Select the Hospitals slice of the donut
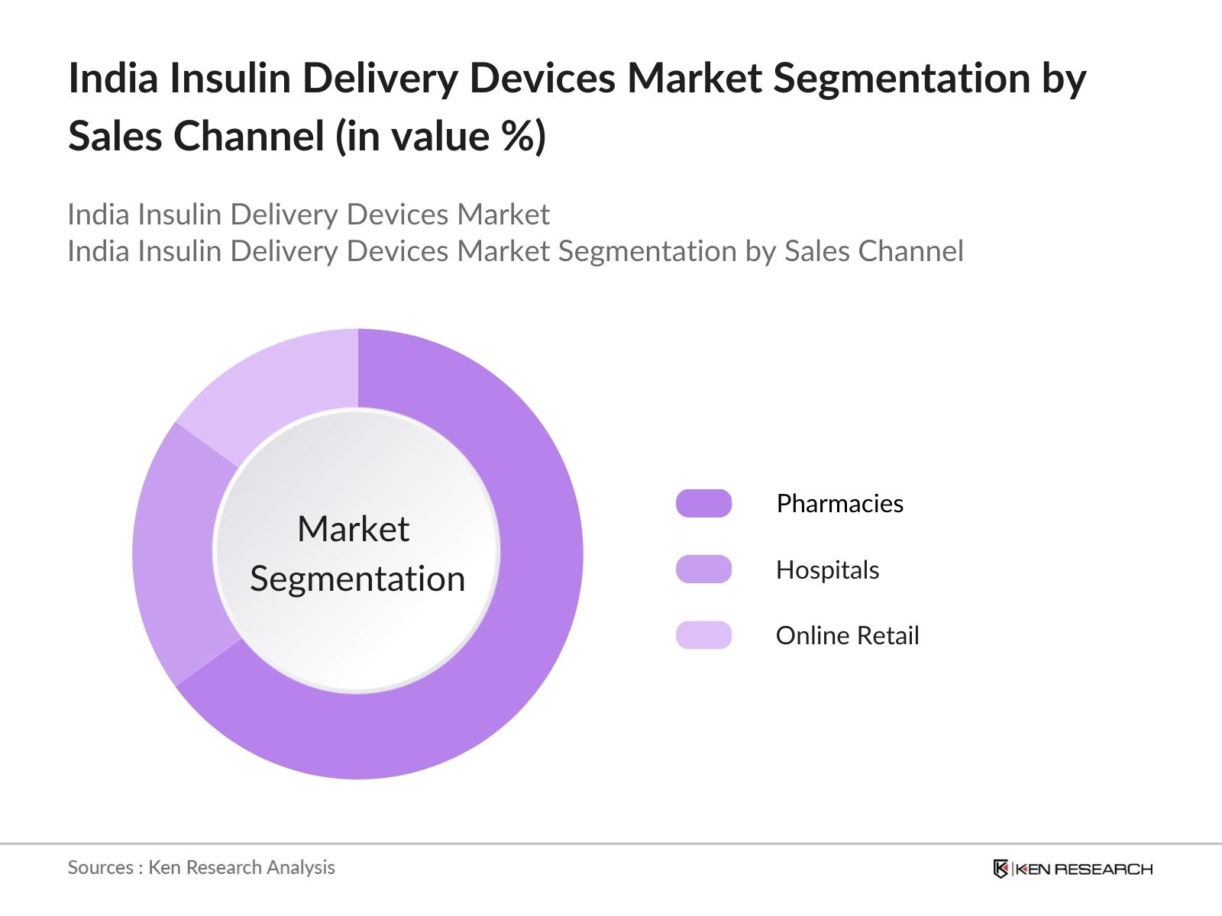click(174, 553)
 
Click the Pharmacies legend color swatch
click(703, 504)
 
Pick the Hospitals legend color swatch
click(703, 569)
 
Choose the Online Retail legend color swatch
click(703, 635)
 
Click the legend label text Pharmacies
click(839, 504)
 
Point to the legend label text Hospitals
click(827, 570)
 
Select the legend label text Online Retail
click(847, 636)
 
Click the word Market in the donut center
click(353, 529)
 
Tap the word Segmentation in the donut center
click(357, 579)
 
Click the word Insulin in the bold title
click(230, 79)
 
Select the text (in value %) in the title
click(441, 137)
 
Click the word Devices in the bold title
click(541, 79)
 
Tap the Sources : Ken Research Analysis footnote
click(201, 867)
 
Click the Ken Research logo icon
click(1001, 869)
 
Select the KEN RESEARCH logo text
click(1083, 869)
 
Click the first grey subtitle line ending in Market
click(309, 214)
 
